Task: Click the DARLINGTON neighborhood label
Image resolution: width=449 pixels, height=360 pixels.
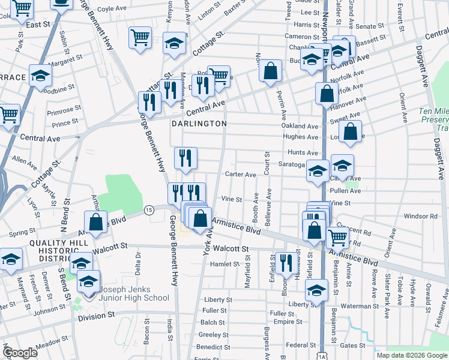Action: [199, 124]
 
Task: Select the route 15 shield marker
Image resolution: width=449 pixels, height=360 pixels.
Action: [149, 209]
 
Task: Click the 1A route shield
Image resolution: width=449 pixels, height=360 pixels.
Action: [322, 355]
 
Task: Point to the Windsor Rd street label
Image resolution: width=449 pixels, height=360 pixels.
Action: [420, 216]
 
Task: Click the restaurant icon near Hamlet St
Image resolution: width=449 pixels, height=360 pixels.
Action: [286, 262]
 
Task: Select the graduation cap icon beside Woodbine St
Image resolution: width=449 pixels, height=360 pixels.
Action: [40, 76]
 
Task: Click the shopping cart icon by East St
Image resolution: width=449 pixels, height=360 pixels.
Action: [22, 9]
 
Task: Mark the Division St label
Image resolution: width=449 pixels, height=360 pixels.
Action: [95, 317]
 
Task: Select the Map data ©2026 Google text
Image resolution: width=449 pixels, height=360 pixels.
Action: [411, 355]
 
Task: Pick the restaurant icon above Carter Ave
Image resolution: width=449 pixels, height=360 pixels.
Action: [185, 158]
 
